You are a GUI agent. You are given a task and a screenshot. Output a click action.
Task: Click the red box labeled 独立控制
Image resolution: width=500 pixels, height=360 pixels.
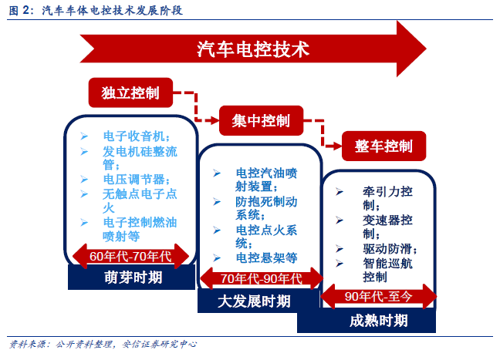click(130, 93)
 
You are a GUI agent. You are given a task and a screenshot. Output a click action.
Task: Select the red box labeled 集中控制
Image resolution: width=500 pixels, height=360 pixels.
click(261, 121)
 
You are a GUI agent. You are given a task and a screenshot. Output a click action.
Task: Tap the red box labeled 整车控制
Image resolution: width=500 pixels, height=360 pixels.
click(384, 146)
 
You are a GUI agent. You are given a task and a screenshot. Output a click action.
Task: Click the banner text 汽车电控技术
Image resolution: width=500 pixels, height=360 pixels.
click(253, 49)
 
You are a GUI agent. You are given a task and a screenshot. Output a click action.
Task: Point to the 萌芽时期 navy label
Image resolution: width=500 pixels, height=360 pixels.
click(131, 278)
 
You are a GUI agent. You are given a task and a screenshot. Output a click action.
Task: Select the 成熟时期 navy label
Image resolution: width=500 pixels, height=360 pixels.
click(367, 321)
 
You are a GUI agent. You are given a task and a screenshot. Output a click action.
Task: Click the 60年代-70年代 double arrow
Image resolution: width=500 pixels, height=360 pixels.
click(130, 256)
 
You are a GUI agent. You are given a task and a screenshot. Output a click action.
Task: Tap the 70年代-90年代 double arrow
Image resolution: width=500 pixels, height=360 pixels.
click(262, 278)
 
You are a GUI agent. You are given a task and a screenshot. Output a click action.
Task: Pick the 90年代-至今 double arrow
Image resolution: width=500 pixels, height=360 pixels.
click(379, 296)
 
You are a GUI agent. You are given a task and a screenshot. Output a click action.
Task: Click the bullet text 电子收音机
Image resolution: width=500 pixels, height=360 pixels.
click(133, 136)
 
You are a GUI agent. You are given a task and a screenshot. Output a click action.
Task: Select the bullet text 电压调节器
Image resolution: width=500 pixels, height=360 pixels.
click(133, 179)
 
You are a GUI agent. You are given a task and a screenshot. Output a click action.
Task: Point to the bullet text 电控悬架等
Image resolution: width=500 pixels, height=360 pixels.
click(266, 257)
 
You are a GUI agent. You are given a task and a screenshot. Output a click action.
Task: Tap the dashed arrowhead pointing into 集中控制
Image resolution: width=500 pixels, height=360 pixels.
click(215, 120)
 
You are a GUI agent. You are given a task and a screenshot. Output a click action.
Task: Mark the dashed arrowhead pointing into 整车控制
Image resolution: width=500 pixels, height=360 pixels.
click(337, 146)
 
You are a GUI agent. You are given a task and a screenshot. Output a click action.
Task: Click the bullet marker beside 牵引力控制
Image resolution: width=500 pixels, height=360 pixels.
click(340, 192)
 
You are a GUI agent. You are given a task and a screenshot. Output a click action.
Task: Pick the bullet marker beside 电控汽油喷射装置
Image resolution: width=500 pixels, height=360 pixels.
click(217, 173)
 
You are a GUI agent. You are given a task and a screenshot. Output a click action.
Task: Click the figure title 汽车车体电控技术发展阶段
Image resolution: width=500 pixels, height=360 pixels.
click(112, 11)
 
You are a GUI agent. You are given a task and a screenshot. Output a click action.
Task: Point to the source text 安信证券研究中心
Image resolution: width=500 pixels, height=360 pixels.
click(160, 344)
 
